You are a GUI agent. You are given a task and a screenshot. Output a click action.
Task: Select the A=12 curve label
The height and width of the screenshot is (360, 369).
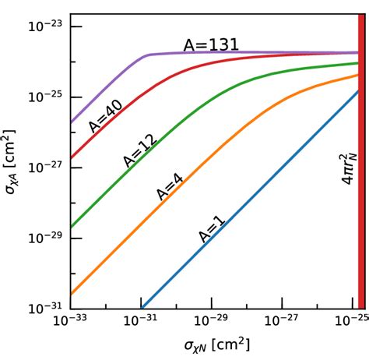140,150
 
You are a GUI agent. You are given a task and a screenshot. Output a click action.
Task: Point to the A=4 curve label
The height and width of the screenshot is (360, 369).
170,186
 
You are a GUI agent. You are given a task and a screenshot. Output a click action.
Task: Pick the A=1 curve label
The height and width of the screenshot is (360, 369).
209,226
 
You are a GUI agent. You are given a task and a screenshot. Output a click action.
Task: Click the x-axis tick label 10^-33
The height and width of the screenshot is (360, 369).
70,322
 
